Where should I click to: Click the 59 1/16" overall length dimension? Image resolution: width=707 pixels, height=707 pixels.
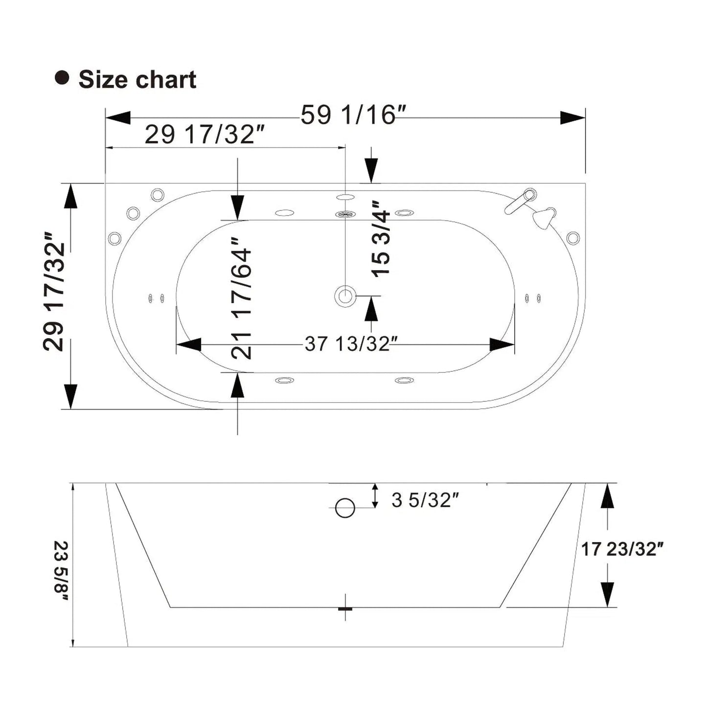coord(352,115)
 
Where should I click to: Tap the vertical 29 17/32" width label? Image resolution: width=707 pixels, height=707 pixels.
coord(54,291)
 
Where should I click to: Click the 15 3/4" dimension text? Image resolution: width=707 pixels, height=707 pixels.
coord(381,239)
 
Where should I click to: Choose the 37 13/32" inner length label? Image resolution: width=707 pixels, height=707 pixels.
coord(347,344)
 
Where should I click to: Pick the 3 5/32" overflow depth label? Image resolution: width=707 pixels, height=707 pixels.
coord(425,500)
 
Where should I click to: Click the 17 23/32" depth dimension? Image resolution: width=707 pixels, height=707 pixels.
coord(621,549)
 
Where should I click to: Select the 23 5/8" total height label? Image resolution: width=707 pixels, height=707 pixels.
coord(62,570)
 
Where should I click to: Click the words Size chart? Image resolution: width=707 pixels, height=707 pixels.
coord(137,79)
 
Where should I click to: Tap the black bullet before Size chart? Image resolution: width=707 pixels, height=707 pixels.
coord(62,78)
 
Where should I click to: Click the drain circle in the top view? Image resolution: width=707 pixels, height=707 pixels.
coord(345,296)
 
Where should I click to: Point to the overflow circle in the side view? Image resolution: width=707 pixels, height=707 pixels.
coord(345,508)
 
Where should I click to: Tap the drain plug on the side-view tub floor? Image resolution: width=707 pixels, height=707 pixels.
coord(345,608)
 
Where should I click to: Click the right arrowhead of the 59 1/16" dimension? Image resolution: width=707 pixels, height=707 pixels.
coord(572,118)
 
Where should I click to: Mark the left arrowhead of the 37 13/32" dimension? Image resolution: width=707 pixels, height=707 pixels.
coord(189,344)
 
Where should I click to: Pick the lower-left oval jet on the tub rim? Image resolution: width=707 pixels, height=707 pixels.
coord(284,380)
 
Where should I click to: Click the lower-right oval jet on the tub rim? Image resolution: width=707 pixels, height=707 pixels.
coord(404,380)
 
